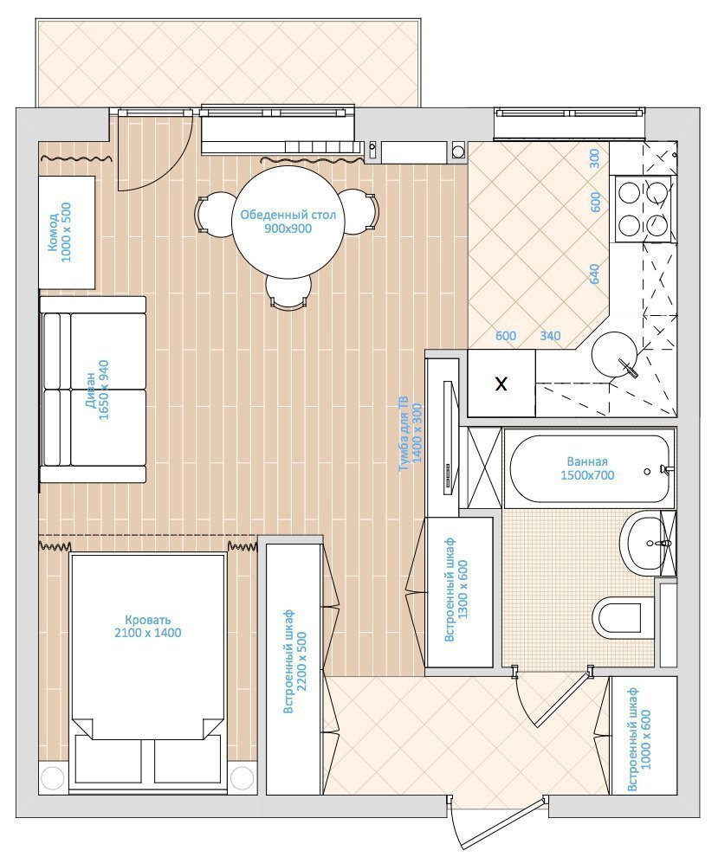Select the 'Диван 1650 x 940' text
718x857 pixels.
click(97, 390)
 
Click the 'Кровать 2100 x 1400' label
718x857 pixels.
click(147, 627)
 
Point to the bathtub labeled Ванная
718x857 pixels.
click(588, 468)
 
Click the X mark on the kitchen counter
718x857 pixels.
click(501, 383)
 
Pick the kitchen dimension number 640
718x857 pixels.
click(594, 274)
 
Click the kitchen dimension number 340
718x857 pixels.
click(550, 336)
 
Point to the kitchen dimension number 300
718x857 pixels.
click(594, 158)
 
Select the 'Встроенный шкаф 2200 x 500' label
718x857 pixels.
click(294, 660)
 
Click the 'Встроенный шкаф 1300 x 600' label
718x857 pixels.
click(456, 590)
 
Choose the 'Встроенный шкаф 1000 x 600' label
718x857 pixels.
click(639, 739)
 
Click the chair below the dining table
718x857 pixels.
click(288, 293)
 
